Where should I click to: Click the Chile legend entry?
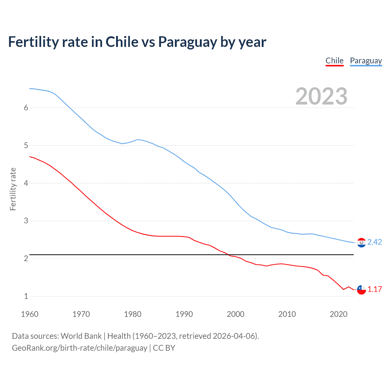334,61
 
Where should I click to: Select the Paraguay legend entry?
366,61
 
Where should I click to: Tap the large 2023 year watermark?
321,96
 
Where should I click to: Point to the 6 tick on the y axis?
26,108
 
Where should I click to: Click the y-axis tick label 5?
26,145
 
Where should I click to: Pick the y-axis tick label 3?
26,221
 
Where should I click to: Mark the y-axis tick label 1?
26,296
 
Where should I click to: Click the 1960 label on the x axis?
30,314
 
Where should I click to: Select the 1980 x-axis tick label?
133,314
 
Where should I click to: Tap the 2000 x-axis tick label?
236,314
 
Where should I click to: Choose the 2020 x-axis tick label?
339,314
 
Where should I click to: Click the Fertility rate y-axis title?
13,189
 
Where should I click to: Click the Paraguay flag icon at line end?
361,243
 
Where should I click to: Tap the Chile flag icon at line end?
361,290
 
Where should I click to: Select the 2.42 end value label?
374,242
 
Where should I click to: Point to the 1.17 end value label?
374,289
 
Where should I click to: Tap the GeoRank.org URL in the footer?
80,348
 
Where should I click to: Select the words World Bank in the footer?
81,336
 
